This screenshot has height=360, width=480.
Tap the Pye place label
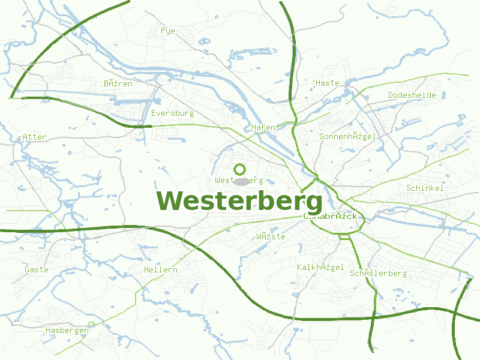click(x=167, y=30)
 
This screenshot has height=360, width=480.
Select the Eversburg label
click(x=173, y=113)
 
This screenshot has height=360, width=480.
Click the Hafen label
click(x=263, y=127)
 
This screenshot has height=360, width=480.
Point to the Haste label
click(x=328, y=83)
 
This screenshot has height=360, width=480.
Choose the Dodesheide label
click(x=412, y=95)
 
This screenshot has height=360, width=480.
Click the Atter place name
click(x=34, y=137)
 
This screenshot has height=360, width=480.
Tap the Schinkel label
click(x=425, y=188)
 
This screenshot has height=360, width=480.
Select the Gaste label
click(x=37, y=269)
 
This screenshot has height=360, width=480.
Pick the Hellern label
click(x=161, y=269)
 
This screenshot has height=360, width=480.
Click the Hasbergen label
click(x=67, y=330)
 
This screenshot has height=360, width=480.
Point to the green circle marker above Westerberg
click(x=239, y=169)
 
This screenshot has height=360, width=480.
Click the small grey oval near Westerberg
click(x=241, y=181)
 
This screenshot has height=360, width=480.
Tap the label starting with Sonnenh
click(x=348, y=136)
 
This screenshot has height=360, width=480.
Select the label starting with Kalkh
click(x=320, y=266)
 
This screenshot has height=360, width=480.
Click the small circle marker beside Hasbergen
click(x=92, y=325)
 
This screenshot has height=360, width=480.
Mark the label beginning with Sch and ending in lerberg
click(x=379, y=273)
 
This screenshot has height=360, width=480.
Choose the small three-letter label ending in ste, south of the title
click(x=271, y=236)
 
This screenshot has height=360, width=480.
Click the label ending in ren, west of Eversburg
click(x=118, y=83)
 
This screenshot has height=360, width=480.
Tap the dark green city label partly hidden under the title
click(x=332, y=216)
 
